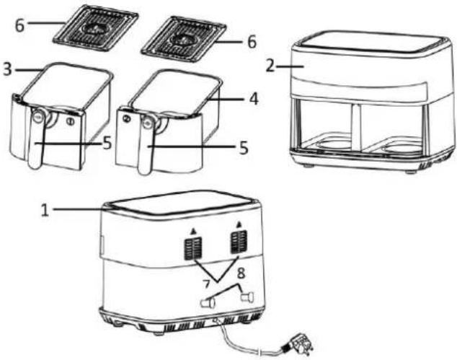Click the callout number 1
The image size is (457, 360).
45,210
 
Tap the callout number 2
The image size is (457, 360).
270,66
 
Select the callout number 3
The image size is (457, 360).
8,70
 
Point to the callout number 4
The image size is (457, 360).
254,99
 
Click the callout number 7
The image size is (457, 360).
206,284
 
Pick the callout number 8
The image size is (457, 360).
241,273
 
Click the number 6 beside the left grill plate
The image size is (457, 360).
19,25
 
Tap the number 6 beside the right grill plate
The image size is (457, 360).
252,41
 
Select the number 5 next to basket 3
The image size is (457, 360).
107,143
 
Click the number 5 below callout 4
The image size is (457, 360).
244,148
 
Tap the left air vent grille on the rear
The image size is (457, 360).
193,249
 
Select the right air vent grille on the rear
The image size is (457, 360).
239,242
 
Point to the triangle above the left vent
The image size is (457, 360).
192,232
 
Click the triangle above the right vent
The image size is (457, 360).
239,224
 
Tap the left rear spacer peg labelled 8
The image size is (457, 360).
208,302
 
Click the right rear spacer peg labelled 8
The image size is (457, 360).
247,298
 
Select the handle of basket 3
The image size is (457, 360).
36,138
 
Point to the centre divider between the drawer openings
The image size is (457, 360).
356,127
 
